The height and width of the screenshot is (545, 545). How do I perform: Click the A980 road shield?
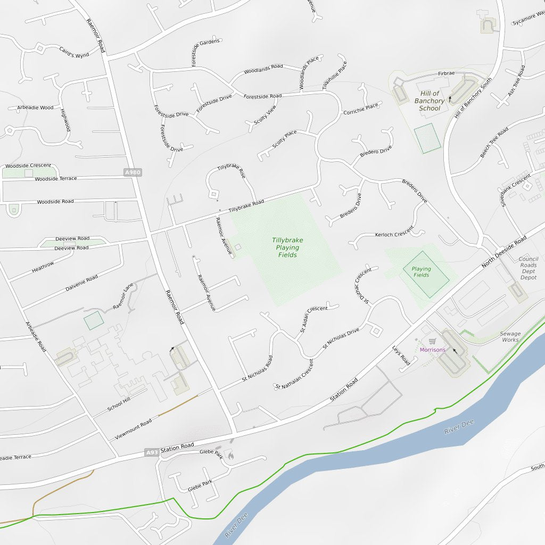(x=133, y=172)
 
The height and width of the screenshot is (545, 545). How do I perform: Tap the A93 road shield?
(x=152, y=452)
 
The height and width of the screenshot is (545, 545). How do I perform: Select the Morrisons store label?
(x=432, y=350)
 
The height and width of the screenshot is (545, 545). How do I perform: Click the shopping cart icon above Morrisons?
(x=433, y=341)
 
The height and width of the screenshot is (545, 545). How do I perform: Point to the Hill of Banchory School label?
(x=430, y=101)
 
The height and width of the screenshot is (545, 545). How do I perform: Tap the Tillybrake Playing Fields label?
(x=287, y=247)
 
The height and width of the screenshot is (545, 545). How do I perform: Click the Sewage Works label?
(x=510, y=337)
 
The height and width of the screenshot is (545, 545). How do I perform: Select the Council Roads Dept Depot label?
(x=529, y=268)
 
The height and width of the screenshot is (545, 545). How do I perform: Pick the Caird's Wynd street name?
(x=74, y=52)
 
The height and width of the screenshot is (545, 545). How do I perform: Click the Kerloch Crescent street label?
(x=394, y=234)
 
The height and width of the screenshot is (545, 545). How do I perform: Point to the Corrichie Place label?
(x=361, y=109)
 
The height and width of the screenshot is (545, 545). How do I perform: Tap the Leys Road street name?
(x=401, y=356)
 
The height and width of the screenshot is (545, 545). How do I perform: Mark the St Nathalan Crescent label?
(x=294, y=375)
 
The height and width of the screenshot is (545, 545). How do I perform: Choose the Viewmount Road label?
(x=134, y=429)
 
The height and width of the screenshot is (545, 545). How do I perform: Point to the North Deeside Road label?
(x=503, y=251)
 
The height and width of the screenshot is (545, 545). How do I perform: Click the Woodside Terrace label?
(x=56, y=179)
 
